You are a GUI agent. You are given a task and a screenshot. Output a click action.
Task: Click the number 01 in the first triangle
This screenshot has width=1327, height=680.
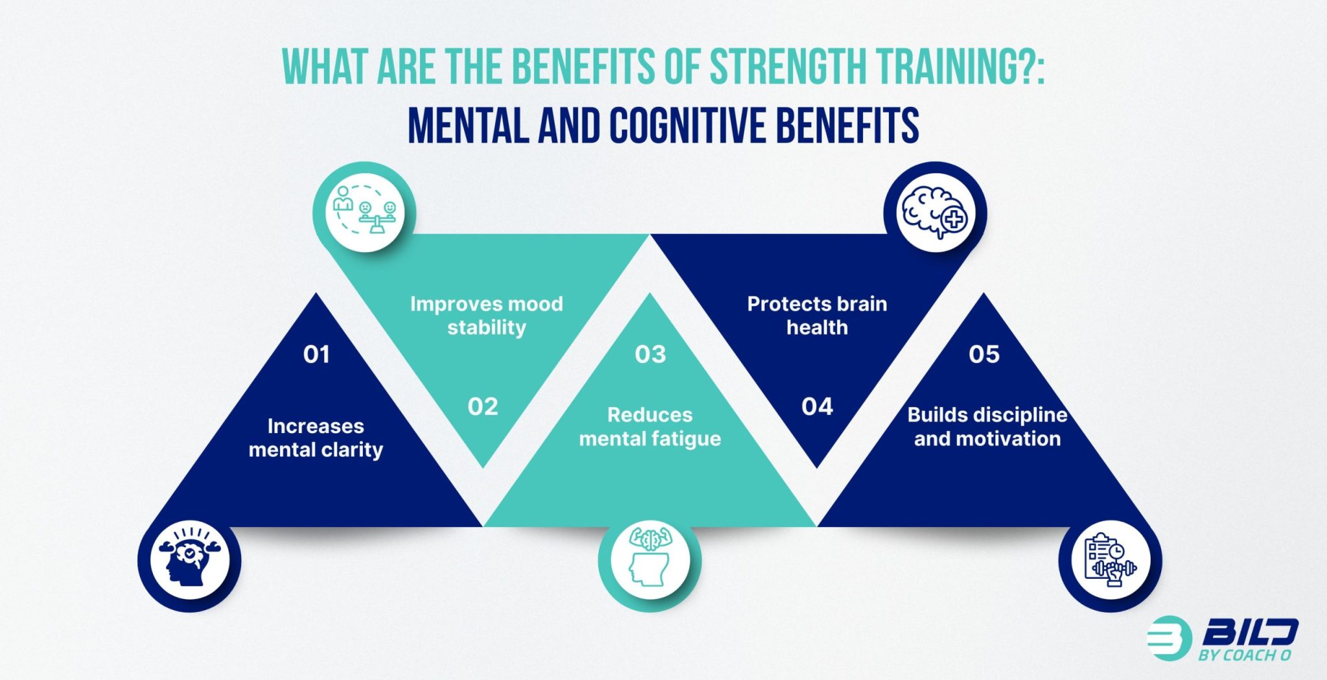coord(317,354)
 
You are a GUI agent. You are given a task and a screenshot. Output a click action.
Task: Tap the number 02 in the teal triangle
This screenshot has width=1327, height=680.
coord(483,406)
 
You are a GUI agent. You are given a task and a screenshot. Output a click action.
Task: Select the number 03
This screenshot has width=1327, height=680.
coord(651,354)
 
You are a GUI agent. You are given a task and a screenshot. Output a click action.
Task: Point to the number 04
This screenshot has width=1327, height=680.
coord(817,406)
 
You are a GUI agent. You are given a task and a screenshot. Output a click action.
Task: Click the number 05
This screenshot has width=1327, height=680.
coord(984,354)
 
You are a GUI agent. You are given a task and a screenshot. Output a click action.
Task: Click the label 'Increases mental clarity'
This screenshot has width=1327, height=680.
coord(316,438)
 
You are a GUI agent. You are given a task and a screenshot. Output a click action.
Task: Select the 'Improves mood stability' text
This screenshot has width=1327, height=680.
coord(487,316)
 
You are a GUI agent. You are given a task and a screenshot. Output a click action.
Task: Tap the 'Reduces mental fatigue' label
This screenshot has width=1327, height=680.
coord(650,427)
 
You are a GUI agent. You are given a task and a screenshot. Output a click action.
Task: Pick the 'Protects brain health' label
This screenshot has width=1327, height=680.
coord(817,316)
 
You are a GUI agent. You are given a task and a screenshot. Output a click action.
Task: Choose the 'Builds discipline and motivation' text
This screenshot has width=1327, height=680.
coord(987,427)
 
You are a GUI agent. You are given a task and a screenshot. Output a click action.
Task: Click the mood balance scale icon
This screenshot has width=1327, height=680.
coord(365,212)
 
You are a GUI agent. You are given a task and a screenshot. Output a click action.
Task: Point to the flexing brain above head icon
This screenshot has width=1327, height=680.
coord(650,558)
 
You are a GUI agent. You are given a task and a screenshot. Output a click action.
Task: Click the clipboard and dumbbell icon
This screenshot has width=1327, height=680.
coord(1111,560)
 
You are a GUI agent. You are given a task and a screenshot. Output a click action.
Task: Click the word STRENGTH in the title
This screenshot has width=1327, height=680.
coord(787,67)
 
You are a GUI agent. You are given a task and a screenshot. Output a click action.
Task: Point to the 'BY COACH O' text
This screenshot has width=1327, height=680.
coord(1245,655)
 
